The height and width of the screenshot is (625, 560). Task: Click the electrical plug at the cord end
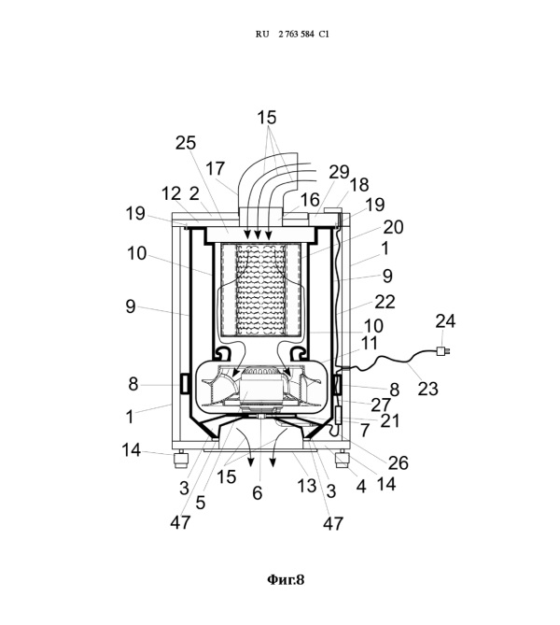[x=444, y=350]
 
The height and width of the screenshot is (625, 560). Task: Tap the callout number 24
[x=445, y=321]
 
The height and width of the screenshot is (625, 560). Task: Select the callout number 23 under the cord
[x=427, y=389]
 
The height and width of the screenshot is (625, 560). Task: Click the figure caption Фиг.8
[x=286, y=579]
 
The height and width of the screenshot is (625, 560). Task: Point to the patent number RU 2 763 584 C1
[x=292, y=35]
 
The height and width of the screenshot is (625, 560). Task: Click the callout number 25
[x=186, y=143]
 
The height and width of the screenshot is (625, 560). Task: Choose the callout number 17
[x=215, y=168]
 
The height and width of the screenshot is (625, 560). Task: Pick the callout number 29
[x=339, y=172]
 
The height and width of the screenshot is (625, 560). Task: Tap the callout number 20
[x=393, y=227]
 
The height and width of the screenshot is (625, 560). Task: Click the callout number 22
[x=385, y=302]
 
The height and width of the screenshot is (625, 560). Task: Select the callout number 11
[x=369, y=343]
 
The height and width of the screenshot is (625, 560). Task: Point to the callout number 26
[x=399, y=462]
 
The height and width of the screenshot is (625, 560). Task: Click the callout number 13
[x=307, y=486]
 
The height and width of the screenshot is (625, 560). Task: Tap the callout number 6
[x=258, y=493]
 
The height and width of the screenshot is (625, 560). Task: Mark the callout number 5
[x=201, y=503]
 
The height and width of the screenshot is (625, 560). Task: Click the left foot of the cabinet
[x=182, y=460]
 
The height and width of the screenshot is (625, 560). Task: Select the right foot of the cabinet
[x=342, y=459]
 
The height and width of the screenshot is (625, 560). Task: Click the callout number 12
[x=171, y=194]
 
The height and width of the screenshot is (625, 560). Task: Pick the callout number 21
[x=389, y=421]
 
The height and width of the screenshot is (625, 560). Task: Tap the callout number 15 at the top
[x=266, y=118]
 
